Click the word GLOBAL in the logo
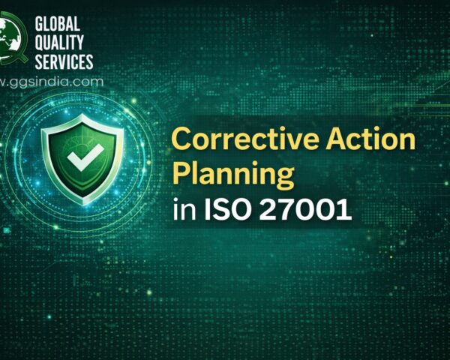[61, 25]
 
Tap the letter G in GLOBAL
[40, 25]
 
